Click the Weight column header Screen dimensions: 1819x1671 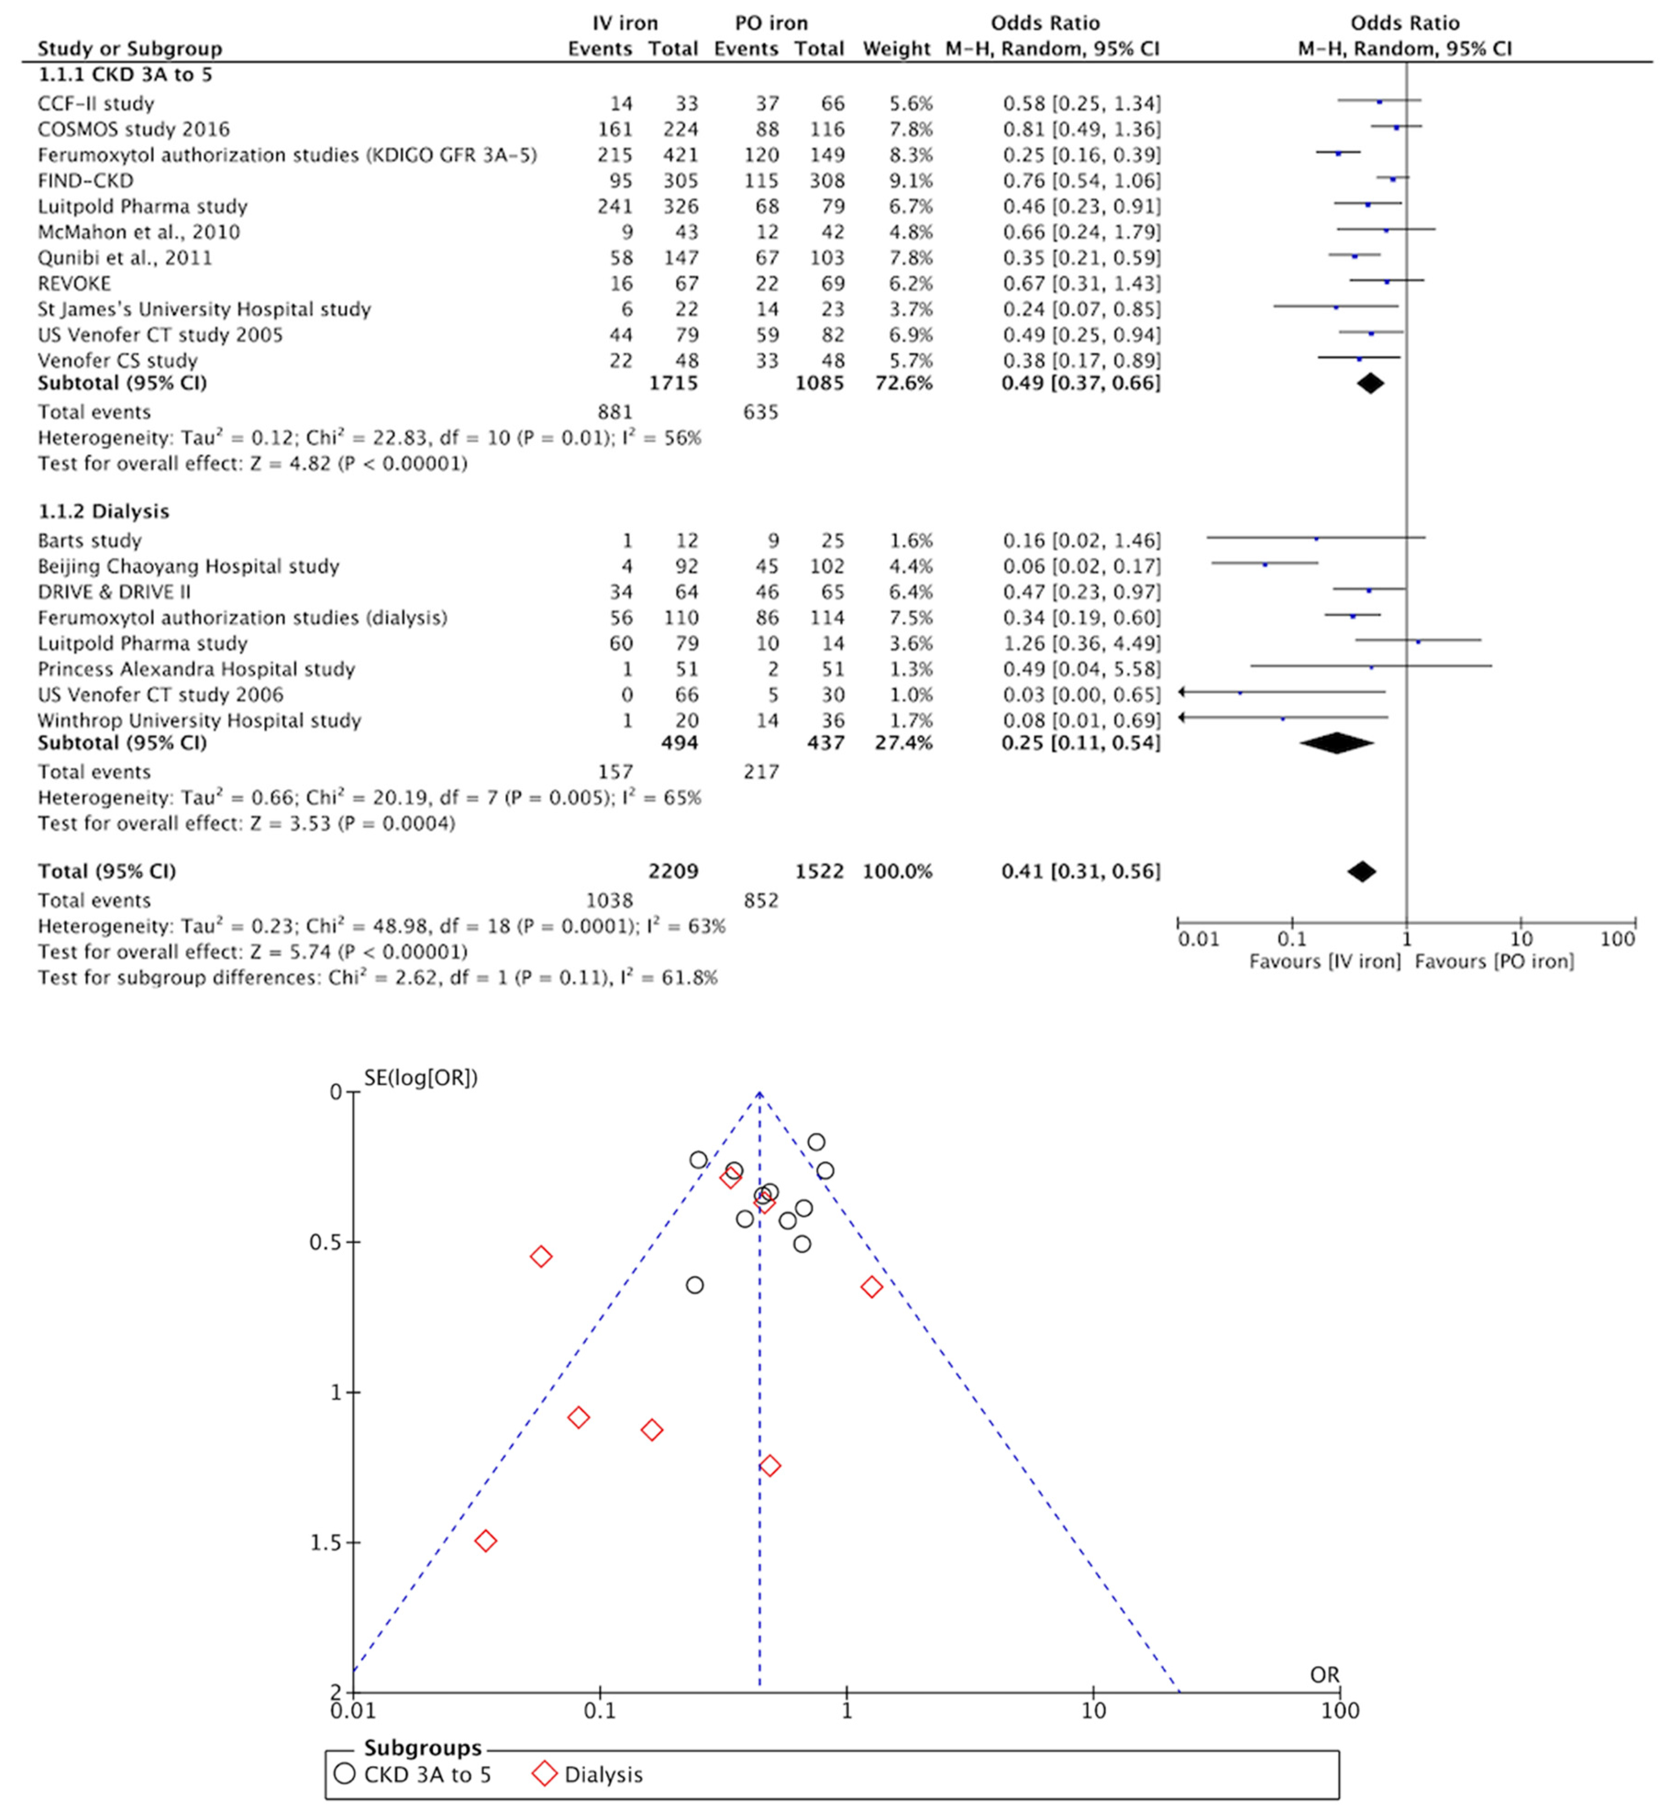coord(896,49)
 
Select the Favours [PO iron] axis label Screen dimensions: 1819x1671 coord(1494,962)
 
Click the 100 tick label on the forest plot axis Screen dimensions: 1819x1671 coord(1617,939)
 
